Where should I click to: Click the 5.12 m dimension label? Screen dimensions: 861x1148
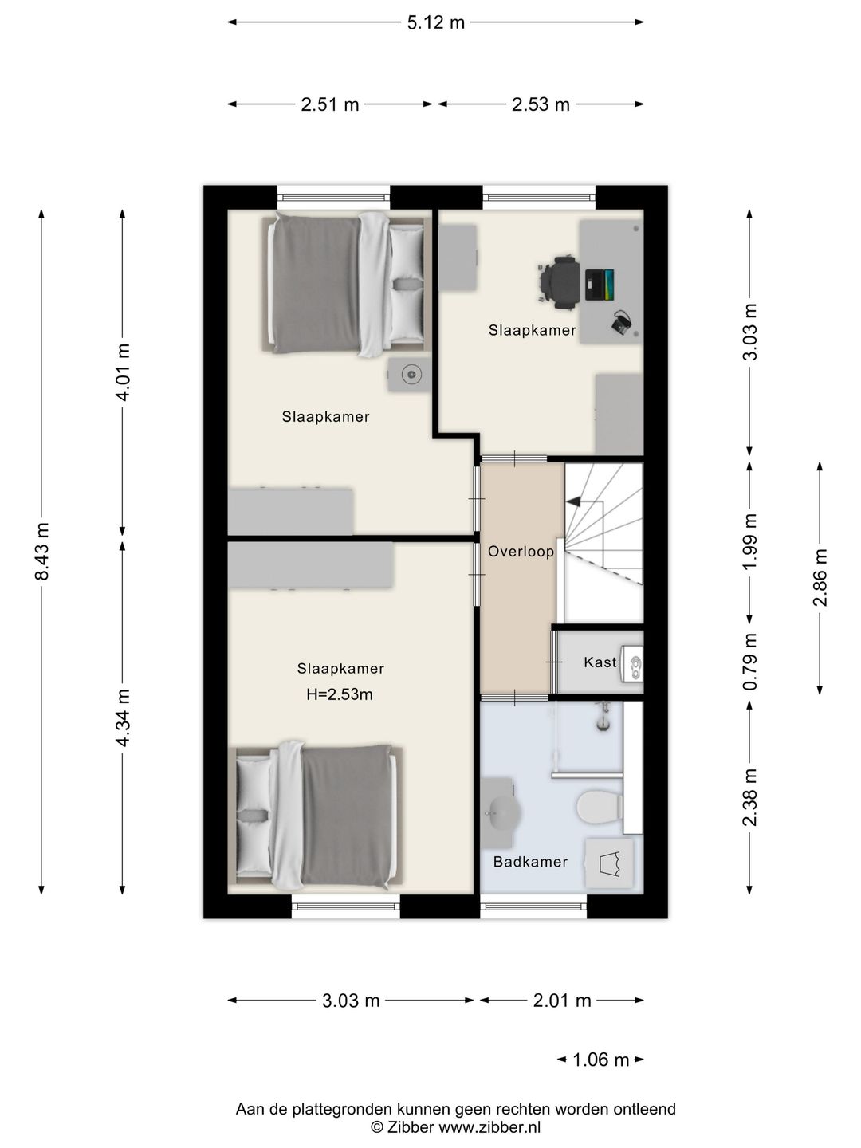(x=435, y=22)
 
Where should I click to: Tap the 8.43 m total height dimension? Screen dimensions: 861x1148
(x=41, y=551)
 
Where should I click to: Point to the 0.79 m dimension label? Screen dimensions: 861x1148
(x=749, y=662)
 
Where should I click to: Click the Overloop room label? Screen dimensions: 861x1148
(x=521, y=551)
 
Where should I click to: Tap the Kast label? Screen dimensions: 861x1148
(x=600, y=662)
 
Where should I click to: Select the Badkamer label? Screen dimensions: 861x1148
(x=530, y=861)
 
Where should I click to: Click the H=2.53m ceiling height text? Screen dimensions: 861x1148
(x=340, y=694)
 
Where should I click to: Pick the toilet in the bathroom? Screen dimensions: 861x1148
(x=599, y=807)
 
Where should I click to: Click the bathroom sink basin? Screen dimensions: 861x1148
(x=503, y=812)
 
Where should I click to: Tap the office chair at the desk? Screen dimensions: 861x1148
(x=558, y=283)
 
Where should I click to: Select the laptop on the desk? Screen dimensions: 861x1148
(x=599, y=285)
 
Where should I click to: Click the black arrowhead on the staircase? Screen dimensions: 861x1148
(x=573, y=501)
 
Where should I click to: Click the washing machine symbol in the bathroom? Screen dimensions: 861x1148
(x=609, y=863)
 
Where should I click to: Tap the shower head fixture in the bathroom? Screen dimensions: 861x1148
(x=603, y=717)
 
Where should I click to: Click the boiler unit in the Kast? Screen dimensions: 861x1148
(x=631, y=662)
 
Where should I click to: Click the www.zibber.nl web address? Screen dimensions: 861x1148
(x=489, y=1126)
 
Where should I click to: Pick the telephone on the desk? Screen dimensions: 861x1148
(x=622, y=321)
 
